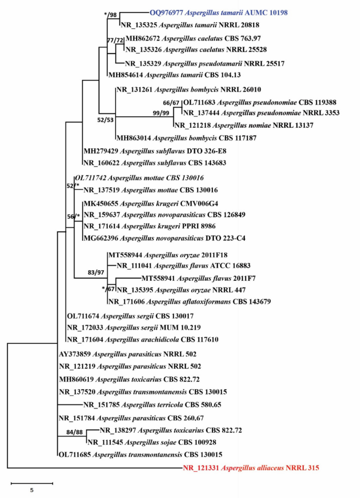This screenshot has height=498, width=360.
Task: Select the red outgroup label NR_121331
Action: (201, 467)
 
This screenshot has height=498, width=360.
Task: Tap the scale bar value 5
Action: (32, 490)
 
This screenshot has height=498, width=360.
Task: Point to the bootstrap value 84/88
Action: (68, 432)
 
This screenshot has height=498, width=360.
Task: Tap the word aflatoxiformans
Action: (202, 301)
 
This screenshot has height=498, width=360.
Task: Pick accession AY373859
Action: (77, 354)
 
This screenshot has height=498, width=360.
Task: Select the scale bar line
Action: (32, 482)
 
